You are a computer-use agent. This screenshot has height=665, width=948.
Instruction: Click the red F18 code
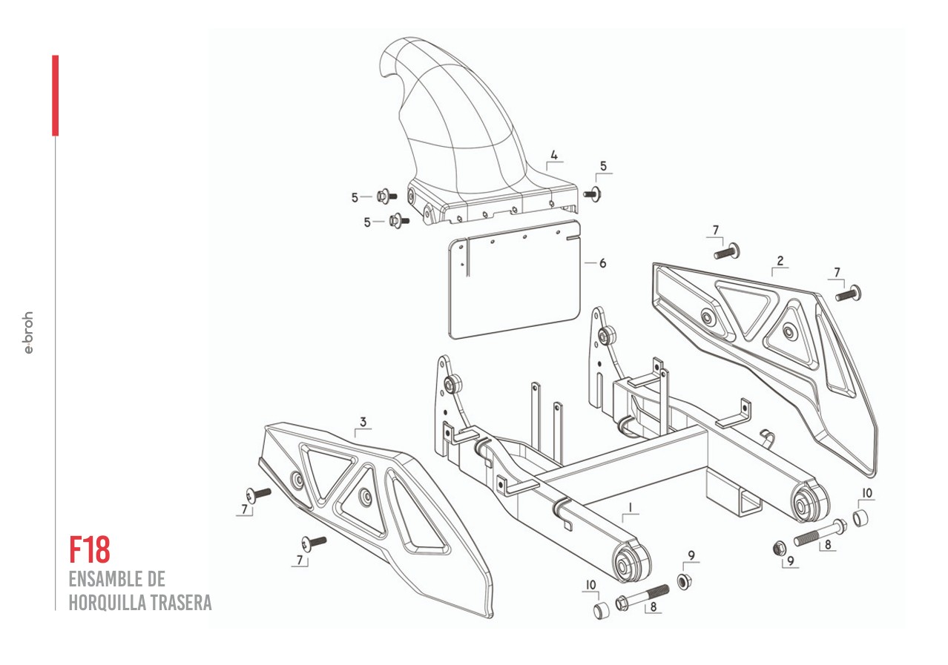click(90, 549)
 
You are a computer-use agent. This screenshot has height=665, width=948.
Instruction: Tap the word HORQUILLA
click(107, 603)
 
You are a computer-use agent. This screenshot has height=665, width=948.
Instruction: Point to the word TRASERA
click(182, 603)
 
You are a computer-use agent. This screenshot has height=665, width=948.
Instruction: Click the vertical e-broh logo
click(29, 332)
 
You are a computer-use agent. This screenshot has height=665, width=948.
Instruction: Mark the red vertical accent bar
click(55, 96)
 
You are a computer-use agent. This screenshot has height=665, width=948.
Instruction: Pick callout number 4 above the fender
click(553, 156)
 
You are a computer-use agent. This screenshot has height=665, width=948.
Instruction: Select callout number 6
click(602, 263)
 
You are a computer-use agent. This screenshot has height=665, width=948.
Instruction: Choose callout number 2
click(780, 260)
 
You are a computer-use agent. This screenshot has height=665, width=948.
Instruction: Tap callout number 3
click(363, 423)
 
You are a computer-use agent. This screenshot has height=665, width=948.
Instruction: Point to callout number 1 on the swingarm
click(630, 508)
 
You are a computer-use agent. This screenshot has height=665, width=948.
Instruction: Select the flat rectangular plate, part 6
click(516, 282)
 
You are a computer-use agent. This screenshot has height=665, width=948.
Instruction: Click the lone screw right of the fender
click(592, 194)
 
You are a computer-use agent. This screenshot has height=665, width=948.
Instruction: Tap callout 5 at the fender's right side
click(603, 166)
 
